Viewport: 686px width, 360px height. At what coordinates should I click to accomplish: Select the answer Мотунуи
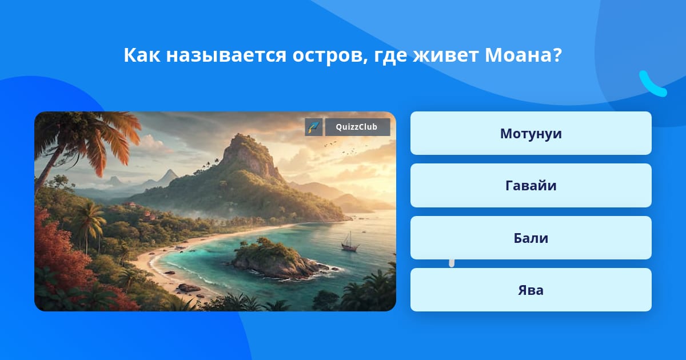coord(531,133)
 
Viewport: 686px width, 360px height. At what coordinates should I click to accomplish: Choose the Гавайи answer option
coord(531,186)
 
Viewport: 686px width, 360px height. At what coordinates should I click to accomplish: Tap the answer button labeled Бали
coord(531,238)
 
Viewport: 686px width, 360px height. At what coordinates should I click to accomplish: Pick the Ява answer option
coord(531,290)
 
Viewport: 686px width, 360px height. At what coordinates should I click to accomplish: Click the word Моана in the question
coord(518,55)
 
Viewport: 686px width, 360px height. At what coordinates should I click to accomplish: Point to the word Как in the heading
coord(142,55)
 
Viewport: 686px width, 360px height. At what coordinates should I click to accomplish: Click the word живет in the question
coord(445,55)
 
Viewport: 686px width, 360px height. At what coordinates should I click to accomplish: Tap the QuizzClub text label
coord(357,127)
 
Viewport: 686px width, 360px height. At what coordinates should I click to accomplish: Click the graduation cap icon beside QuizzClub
coord(314,127)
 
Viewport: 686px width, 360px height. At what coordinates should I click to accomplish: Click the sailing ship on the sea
coord(350,242)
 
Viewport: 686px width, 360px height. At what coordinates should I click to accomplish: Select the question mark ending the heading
coord(557,55)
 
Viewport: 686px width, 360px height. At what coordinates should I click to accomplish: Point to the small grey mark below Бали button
coord(452,263)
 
